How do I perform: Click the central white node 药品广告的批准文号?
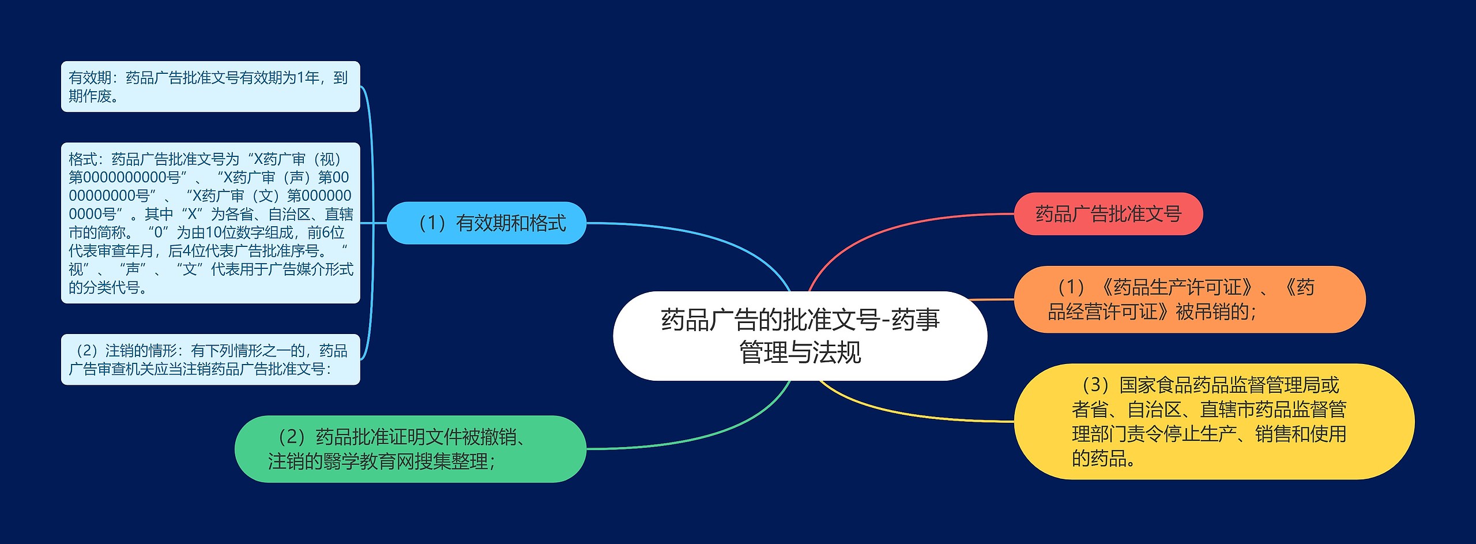[x=800, y=335]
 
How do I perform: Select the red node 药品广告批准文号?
[x=1108, y=214]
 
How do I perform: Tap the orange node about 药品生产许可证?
[x=1189, y=299]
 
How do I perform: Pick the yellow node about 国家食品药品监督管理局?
[x=1213, y=421]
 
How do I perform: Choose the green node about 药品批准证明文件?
[x=410, y=449]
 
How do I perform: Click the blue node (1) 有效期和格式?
[x=486, y=223]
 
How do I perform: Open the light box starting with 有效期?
[x=210, y=87]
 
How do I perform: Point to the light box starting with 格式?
[x=210, y=223]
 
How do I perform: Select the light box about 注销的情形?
[x=210, y=359]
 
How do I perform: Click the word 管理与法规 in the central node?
[x=800, y=352]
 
